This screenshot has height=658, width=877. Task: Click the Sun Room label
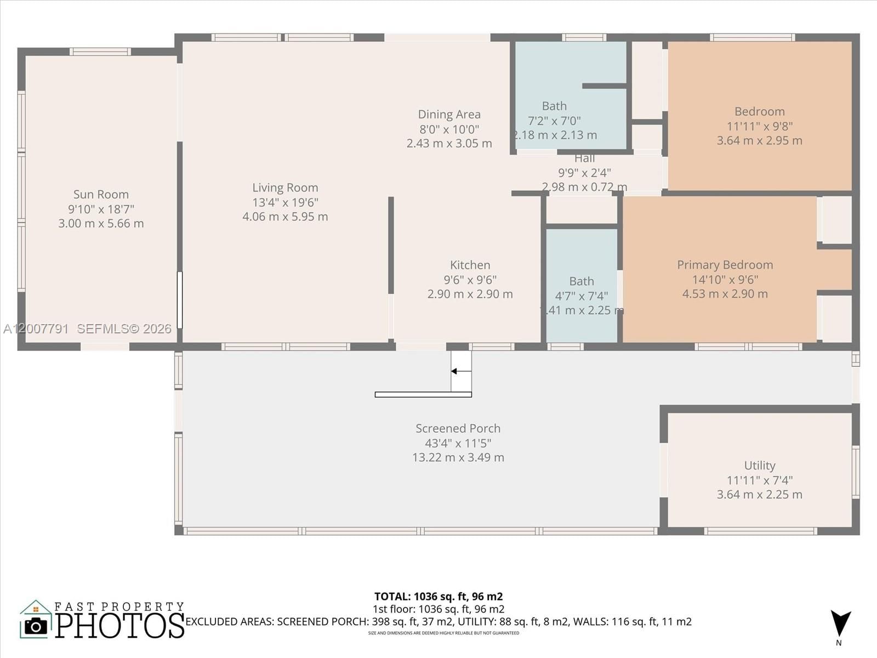[x=101, y=195]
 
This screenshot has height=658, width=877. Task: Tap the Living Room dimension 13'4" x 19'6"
[x=285, y=202]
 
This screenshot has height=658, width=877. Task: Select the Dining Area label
[x=449, y=115]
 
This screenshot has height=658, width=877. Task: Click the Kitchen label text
[x=470, y=265]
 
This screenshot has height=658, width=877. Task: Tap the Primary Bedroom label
[x=725, y=265]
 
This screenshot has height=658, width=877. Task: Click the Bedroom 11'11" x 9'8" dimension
[x=759, y=126]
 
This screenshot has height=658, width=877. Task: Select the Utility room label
[x=759, y=466]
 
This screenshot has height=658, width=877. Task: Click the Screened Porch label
[x=458, y=428]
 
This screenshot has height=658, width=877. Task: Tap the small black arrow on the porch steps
[x=454, y=371]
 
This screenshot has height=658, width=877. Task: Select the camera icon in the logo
[x=36, y=626]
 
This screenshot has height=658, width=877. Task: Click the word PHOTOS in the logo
[x=120, y=626]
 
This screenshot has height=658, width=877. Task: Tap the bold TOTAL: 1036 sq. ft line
[x=438, y=596]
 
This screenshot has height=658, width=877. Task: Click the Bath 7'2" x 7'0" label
[x=554, y=106]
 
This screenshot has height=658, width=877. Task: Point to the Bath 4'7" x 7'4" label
[x=581, y=281]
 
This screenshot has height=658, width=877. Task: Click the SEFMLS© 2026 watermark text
[x=124, y=328]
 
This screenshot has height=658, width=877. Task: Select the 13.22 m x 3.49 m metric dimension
[x=458, y=457]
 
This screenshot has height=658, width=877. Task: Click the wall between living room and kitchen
[x=391, y=246]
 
